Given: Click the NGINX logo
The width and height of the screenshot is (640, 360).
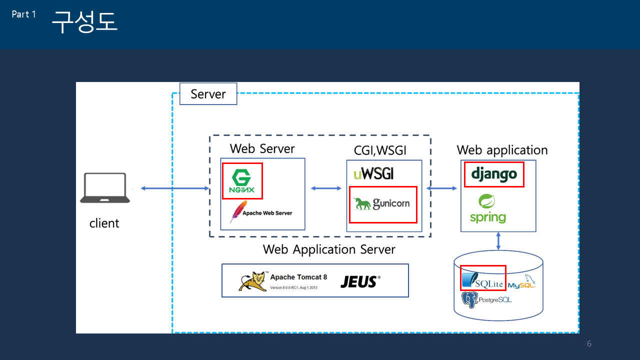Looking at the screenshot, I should coord(242,181).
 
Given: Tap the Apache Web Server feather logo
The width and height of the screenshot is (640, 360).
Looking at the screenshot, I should coord(238,211).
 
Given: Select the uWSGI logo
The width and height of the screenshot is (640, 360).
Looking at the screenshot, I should coord(373,174).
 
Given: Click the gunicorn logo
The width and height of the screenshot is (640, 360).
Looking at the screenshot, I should coord(382,203).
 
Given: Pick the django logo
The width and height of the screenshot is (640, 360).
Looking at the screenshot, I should coord(493,174).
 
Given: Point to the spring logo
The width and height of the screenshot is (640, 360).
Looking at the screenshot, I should coord(487,208).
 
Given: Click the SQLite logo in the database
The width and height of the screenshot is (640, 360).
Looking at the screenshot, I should coord(482,280).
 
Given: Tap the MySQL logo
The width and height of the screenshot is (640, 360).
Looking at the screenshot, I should coord(521,284).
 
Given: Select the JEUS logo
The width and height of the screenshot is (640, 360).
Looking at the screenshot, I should coord(359,281).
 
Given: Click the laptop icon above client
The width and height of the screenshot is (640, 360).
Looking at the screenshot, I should coord(105,188).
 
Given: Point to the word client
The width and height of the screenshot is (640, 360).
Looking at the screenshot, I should coord(104,223).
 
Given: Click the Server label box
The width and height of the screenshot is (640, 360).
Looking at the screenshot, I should coord(207,94).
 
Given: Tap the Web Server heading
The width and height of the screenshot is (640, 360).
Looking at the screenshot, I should coord(262,148).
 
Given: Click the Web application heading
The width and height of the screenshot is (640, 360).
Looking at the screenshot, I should coord(502,150).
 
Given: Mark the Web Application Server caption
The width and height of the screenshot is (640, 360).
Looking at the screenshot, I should coord(329,249).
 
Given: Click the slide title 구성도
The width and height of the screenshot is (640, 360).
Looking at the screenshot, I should coord(84,22).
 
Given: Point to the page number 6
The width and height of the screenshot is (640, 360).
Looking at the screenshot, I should coord(589,344).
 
